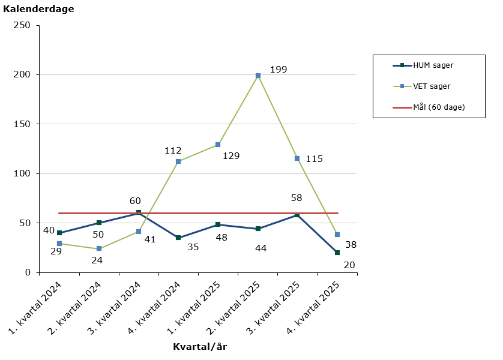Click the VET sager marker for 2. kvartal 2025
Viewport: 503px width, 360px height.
coord(258,76)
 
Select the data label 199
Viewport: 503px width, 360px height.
coord(279,70)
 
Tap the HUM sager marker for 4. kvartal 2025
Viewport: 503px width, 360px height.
coord(337,253)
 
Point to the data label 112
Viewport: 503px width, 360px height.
coord(173,151)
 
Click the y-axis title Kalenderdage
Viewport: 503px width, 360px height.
coord(38,9)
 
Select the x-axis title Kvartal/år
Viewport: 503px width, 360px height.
coord(200,346)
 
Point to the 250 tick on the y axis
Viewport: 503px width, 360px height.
coord(23,25)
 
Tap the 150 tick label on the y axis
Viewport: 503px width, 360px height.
coord(23,124)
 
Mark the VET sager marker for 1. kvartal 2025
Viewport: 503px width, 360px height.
coord(218,145)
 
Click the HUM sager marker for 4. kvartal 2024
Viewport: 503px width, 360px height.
coord(178,238)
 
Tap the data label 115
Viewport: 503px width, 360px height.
coord(314,159)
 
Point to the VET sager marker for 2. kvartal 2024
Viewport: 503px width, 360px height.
coord(99,248)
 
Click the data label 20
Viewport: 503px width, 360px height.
coord(349,265)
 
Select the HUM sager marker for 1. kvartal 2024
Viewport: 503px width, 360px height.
coord(59,233)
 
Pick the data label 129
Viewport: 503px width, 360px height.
coord(231,156)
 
